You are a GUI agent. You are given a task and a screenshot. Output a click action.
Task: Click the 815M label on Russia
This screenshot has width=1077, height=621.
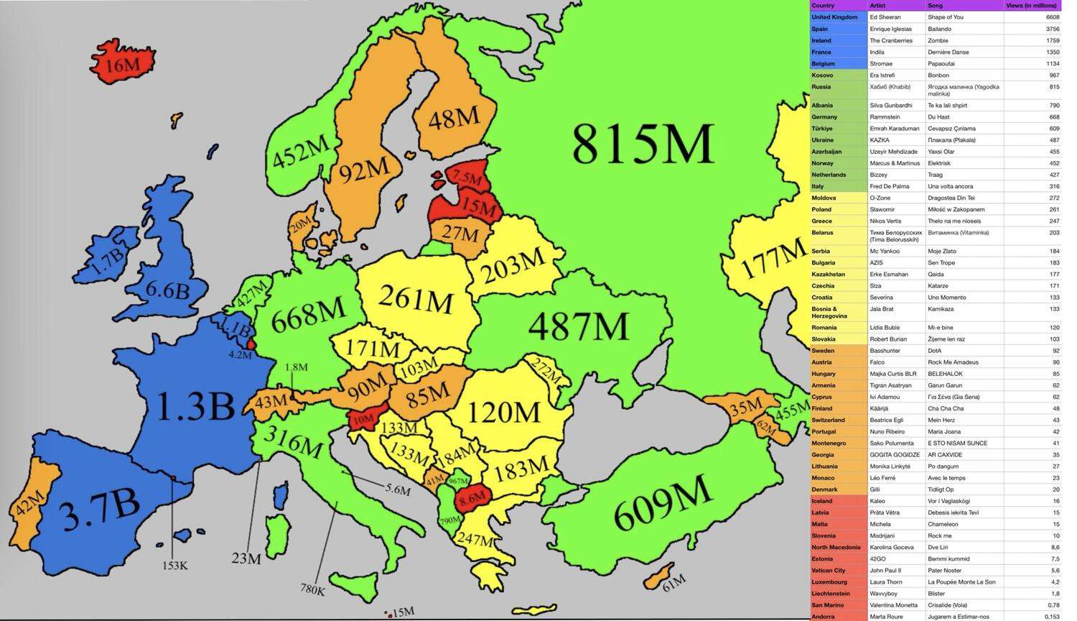point(643,144)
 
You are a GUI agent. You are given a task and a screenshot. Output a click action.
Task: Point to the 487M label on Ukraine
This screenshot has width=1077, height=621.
point(578,328)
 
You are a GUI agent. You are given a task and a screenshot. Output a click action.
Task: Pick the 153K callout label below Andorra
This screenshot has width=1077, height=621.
point(174,566)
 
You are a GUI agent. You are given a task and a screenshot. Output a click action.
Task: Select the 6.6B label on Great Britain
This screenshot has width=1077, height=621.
point(167,290)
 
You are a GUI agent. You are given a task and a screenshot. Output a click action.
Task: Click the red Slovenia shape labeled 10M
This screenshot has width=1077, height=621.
point(363,419)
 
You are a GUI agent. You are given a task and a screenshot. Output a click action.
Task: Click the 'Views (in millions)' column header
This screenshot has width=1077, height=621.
point(1031,6)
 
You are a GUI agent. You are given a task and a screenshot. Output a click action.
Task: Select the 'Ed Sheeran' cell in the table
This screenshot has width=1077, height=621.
point(885,17)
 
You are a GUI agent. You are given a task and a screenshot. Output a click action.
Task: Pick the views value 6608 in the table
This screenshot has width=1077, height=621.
point(1052,17)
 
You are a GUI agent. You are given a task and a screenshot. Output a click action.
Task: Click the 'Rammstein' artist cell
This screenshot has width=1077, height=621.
point(885,117)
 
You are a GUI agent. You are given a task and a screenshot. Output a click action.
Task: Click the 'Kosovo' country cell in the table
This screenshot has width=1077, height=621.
point(822,75)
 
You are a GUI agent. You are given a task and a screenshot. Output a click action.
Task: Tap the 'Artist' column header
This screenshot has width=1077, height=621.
point(877,6)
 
